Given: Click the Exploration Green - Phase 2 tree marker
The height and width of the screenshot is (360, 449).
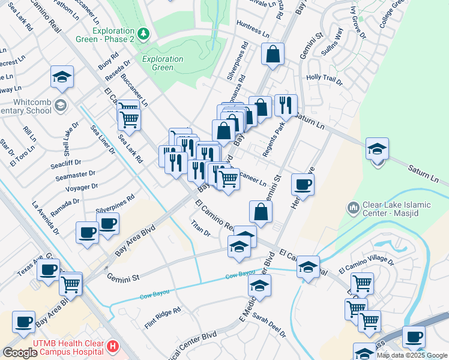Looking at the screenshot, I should [143, 34].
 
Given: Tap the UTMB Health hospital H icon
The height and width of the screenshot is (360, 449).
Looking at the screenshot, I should [112, 346].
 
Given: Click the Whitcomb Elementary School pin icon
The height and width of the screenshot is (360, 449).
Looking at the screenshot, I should [60, 106].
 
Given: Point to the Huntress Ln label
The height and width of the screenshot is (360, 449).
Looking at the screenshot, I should [253, 28].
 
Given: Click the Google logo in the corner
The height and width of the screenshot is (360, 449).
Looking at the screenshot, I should [20, 352].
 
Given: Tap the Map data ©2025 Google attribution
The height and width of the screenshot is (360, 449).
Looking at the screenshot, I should [412, 355].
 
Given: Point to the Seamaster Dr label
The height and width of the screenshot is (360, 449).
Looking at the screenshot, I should [76, 174].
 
